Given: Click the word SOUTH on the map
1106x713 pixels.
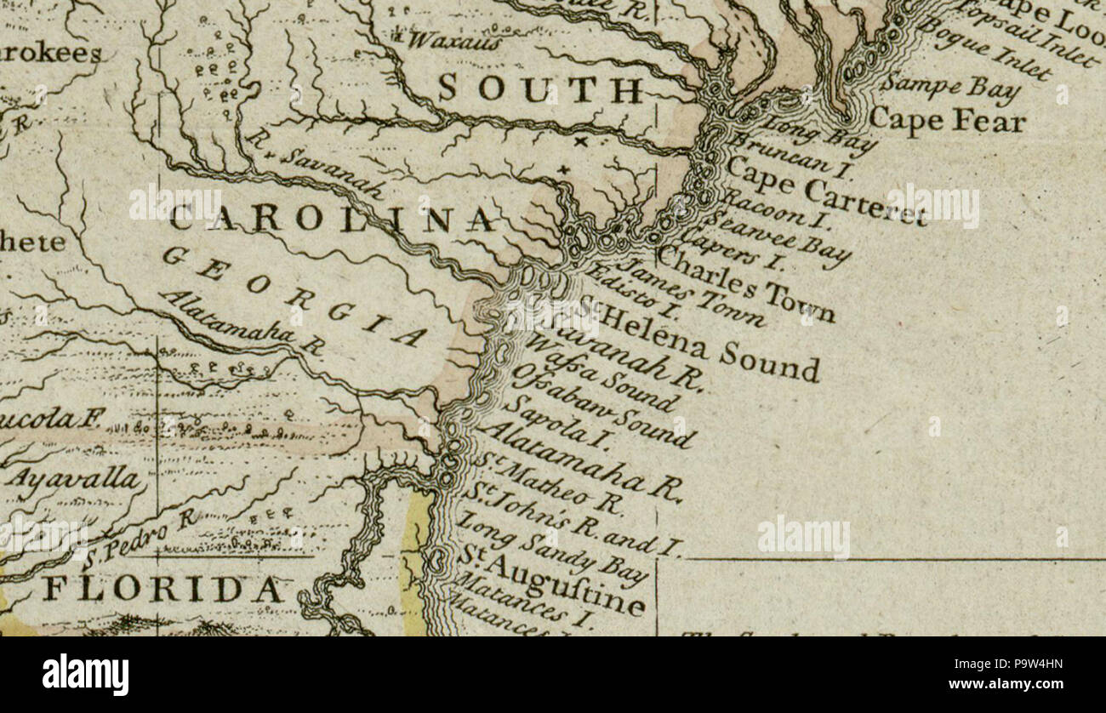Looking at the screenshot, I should pos(540,88).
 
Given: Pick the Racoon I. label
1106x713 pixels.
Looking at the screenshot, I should pos(775,208).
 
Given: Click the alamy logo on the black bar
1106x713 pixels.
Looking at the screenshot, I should pos(85,675).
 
